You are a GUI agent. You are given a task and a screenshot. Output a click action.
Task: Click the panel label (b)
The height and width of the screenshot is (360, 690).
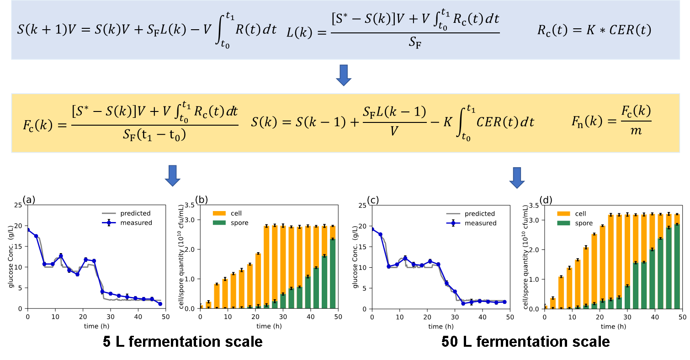click(x=202, y=199)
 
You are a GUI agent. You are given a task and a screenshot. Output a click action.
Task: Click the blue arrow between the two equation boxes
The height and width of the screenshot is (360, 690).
click(x=343, y=75)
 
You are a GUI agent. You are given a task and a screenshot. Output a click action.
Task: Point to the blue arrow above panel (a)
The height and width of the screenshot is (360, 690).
click(x=172, y=176)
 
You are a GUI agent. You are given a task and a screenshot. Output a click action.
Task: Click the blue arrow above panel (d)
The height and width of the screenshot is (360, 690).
click(x=517, y=178)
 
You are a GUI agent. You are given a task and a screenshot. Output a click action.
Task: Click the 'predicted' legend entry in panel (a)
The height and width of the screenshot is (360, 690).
click(x=135, y=213)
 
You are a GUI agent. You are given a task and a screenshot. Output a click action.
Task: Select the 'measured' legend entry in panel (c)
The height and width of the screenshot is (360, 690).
click(x=480, y=223)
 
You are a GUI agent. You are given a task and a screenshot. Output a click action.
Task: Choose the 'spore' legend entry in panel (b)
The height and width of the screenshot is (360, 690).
click(x=239, y=222)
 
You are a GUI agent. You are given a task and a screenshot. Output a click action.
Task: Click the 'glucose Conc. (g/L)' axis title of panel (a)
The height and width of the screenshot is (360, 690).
click(x=11, y=256)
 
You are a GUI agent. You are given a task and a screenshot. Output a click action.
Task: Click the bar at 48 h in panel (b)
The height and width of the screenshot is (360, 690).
click(x=332, y=266)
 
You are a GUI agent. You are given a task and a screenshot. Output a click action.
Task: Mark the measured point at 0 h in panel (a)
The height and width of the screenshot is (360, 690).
click(x=28, y=230)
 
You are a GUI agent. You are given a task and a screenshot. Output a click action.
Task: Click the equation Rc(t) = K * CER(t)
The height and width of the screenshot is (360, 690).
click(x=594, y=31)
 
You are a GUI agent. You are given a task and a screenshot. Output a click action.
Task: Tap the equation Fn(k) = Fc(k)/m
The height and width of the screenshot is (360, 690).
click(x=611, y=122)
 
